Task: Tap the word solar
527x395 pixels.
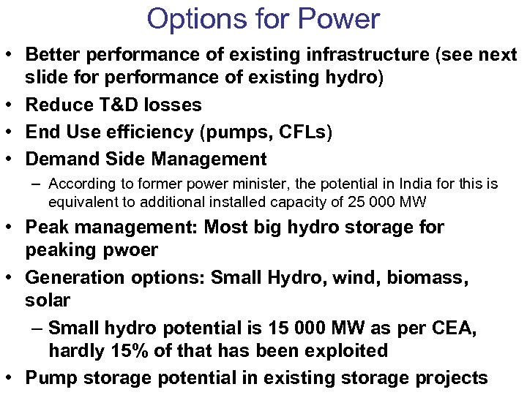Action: tap(48, 301)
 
